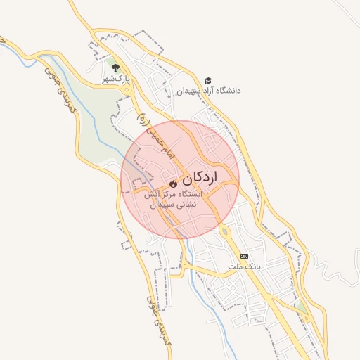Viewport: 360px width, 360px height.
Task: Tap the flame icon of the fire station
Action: [x=173, y=184]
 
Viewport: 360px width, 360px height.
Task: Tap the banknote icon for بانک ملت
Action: [x=244, y=256]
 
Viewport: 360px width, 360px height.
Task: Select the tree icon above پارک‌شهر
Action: [x=115, y=67]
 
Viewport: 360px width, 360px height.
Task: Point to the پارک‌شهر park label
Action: [x=115, y=79]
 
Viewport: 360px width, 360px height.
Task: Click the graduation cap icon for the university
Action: [x=207, y=81]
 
